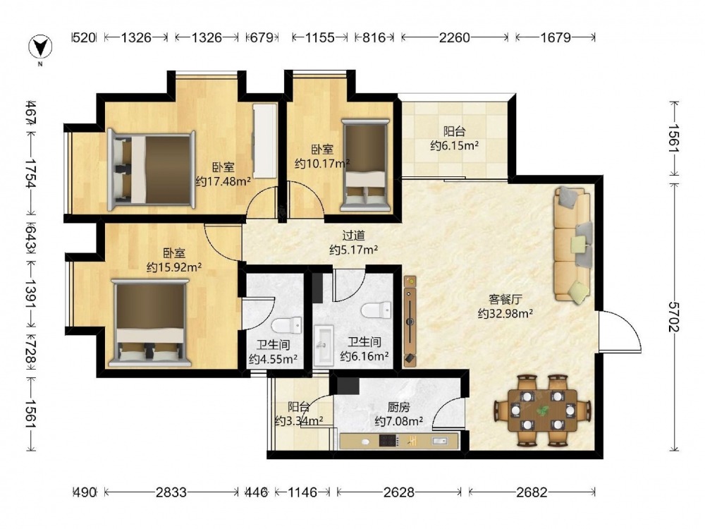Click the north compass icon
(x=40, y=47)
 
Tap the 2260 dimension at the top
(x=455, y=37)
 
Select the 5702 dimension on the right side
(x=673, y=317)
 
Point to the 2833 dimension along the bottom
(x=171, y=492)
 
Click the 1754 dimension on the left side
(x=31, y=174)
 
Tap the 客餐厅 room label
(x=505, y=299)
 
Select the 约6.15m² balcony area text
(x=454, y=146)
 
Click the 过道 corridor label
(x=353, y=236)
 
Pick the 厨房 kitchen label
(x=398, y=407)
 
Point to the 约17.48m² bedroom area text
(x=223, y=181)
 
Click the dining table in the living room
(x=543, y=410)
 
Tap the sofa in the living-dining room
(x=572, y=245)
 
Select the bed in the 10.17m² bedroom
(x=365, y=164)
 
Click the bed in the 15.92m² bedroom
(x=151, y=322)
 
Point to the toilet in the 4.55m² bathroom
(x=287, y=325)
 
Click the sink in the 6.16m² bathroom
(x=324, y=346)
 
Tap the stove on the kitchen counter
(x=389, y=440)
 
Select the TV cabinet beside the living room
(x=410, y=321)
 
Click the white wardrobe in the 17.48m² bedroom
(x=265, y=141)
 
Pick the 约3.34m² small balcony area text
(x=299, y=421)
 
